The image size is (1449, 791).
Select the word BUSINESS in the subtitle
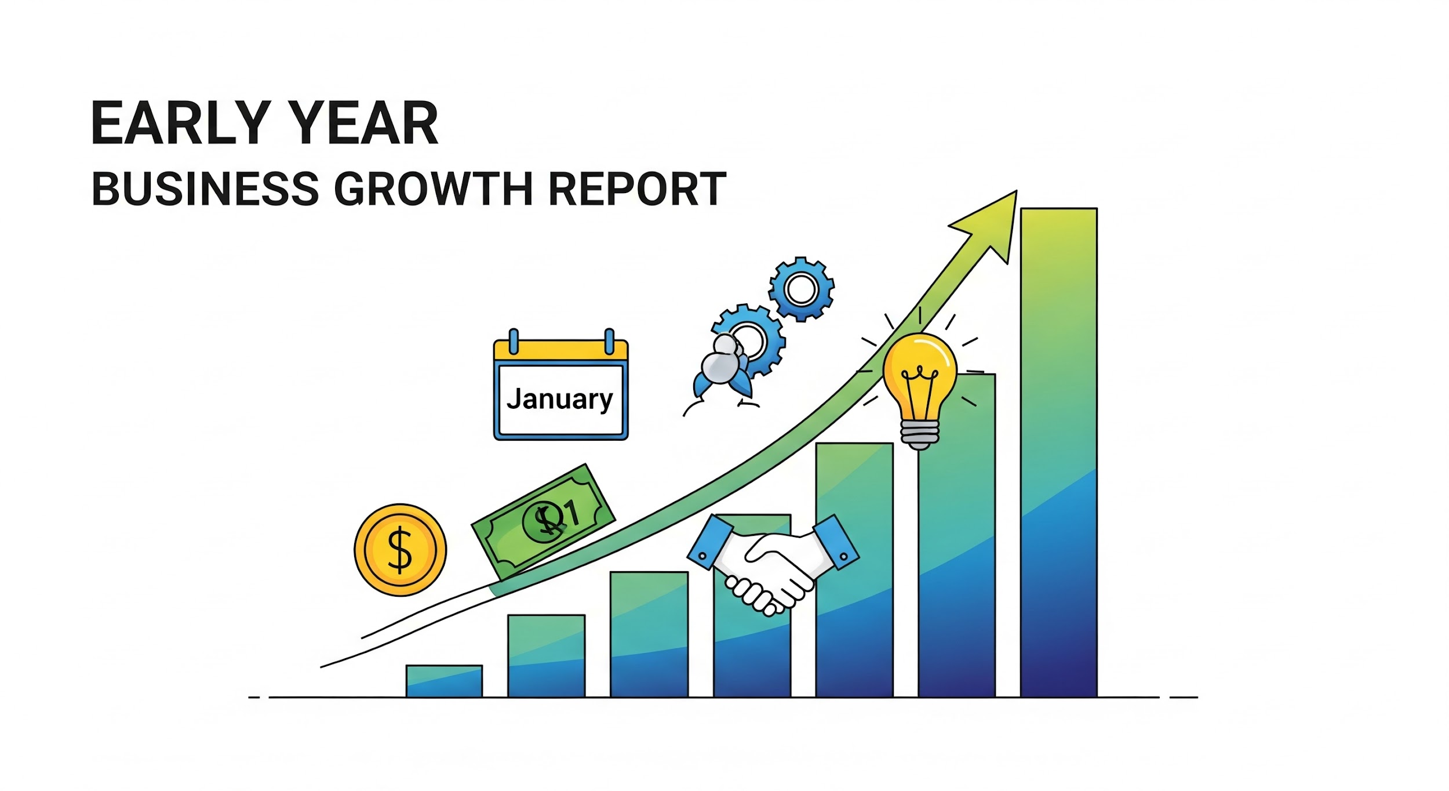tap(205, 188)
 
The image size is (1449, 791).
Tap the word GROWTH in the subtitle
tap(434, 188)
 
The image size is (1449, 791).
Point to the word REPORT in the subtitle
tap(637, 188)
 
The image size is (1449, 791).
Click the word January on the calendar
tap(559, 399)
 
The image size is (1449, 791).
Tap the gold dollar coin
tap(400, 549)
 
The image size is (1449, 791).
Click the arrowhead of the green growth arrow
tap(991, 223)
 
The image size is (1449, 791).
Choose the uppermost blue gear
tap(802, 289)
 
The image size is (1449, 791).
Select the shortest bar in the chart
tap(444, 681)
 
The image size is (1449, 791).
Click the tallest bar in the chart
tap(1059, 452)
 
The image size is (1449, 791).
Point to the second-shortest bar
tap(546, 656)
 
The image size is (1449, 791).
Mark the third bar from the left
tap(649, 634)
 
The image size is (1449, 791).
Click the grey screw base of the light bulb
tap(919, 434)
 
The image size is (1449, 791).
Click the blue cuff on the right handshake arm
tap(835, 541)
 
